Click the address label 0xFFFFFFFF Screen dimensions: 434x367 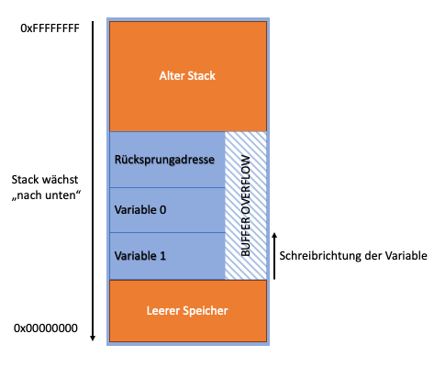coord(50,28)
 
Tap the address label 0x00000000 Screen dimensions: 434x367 coord(46,328)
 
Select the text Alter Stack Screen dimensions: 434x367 coord(187,75)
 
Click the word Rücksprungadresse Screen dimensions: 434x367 coord(164,160)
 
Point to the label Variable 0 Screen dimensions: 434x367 coord(140,210)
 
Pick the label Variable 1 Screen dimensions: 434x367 coord(140,256)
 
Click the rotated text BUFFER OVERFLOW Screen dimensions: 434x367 coord(246,206)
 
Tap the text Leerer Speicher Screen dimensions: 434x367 coord(187,311)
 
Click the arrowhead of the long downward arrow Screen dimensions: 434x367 coord(93,338)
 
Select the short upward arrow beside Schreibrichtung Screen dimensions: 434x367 coord(274,256)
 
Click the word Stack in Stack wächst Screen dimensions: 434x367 coord(24,180)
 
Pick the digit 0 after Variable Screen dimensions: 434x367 coord(163,210)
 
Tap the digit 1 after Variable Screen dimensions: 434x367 coord(162,256)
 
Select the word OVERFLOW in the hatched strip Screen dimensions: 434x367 coord(246,185)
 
